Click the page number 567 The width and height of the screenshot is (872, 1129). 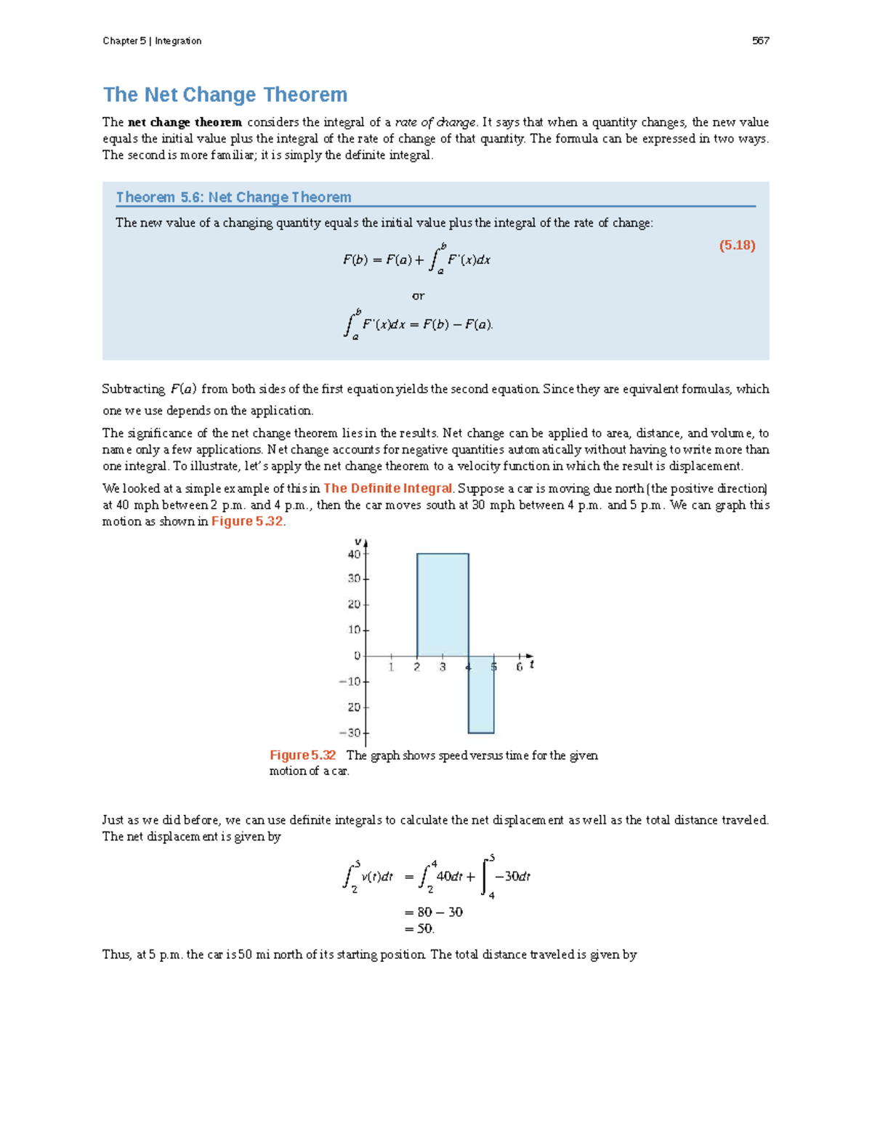point(760,41)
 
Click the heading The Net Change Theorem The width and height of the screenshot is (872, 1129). point(225,95)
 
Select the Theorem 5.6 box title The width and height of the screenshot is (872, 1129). point(233,197)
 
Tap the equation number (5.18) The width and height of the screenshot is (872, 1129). point(737,245)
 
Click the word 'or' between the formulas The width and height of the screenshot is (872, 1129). point(418,296)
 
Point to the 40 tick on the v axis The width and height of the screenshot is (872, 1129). point(355,554)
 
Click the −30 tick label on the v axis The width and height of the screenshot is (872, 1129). point(351,733)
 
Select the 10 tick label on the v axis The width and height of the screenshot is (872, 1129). point(354,630)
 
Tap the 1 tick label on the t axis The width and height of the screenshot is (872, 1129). point(391,667)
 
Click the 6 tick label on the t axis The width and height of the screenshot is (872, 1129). point(519,667)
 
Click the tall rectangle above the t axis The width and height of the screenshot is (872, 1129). point(443,604)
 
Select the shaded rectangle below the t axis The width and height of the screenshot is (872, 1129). point(481,694)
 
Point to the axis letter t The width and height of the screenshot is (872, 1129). point(532,664)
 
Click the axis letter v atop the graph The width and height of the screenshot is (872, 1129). point(358,542)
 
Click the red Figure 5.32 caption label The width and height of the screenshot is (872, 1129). point(302,755)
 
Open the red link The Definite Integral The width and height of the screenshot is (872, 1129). point(388,489)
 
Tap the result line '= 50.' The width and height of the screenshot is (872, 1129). point(419,928)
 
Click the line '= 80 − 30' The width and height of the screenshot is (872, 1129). point(433,912)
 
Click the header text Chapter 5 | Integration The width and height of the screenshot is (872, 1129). point(152,41)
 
